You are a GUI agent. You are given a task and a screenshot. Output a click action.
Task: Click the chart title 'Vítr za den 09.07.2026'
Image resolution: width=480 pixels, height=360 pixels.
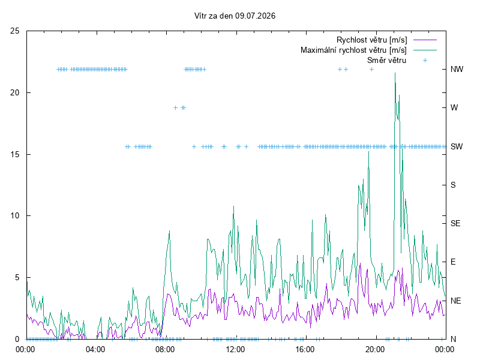pos(235,16)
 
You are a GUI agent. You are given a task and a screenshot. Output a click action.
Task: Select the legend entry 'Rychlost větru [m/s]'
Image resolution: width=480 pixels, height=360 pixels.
pos(371,40)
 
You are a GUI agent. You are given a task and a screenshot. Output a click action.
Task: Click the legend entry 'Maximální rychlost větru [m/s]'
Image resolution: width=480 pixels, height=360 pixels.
pos(353,50)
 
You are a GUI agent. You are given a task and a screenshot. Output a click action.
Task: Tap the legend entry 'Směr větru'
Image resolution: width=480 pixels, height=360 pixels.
pos(386,60)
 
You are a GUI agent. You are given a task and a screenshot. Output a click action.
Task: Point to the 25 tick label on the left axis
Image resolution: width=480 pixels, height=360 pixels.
pos(14,31)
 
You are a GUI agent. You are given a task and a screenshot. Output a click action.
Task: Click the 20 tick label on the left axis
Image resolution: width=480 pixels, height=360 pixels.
pos(14,92)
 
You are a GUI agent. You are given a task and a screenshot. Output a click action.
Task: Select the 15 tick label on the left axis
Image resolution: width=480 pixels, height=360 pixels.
pos(14,154)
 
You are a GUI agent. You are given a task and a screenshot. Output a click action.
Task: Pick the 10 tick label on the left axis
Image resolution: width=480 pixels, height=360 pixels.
pos(14,216)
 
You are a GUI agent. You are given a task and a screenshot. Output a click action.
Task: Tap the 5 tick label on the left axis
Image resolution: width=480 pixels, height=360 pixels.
pos(17,277)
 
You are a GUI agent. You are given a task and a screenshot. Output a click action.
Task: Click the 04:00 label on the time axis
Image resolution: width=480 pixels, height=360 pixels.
pos(95,349)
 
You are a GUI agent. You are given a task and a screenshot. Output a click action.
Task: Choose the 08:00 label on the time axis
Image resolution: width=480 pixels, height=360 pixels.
pos(165,349)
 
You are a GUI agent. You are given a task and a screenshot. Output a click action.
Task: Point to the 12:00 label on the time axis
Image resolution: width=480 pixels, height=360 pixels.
pos(235,349)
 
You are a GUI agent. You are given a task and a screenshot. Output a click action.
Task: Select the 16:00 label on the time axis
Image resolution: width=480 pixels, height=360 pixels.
pos(305,349)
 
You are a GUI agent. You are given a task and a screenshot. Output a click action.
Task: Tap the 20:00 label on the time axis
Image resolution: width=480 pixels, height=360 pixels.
pos(375,349)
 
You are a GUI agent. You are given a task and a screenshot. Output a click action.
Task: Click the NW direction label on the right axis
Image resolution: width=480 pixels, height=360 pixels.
pos(457,69)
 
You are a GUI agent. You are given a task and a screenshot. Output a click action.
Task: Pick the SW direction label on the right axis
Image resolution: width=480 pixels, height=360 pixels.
pos(457,146)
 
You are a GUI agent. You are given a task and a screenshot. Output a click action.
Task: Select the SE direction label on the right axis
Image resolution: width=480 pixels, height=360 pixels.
pos(455,223)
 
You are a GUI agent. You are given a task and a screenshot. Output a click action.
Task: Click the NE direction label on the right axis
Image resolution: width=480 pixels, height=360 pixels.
pos(455,301)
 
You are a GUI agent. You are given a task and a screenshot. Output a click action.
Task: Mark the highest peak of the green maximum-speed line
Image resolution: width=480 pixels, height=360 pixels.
pos(395,73)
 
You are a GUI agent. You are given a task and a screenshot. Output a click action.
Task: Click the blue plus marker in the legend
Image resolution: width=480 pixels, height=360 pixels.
pos(425,61)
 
